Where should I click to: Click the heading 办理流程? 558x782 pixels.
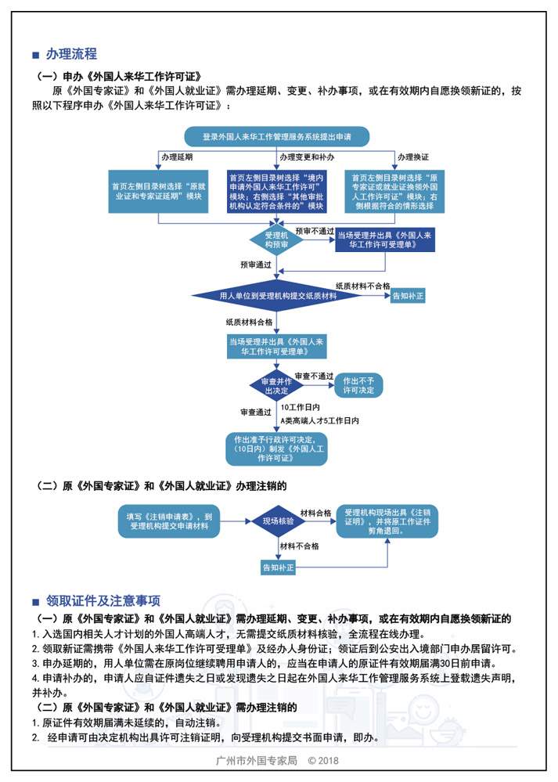71,54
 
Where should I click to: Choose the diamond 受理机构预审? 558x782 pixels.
277,240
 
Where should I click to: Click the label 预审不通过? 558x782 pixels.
314,232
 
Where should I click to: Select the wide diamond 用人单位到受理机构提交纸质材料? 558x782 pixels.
278,297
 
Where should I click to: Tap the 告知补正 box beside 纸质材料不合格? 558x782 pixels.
408,297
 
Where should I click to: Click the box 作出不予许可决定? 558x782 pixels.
358,385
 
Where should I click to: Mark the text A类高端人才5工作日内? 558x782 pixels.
319,421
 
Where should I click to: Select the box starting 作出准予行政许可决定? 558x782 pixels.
275,449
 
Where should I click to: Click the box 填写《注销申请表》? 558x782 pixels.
169,521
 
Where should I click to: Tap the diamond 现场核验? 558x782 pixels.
278,521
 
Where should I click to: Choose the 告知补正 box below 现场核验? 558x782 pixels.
278,567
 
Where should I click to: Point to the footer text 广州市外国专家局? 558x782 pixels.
256,761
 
